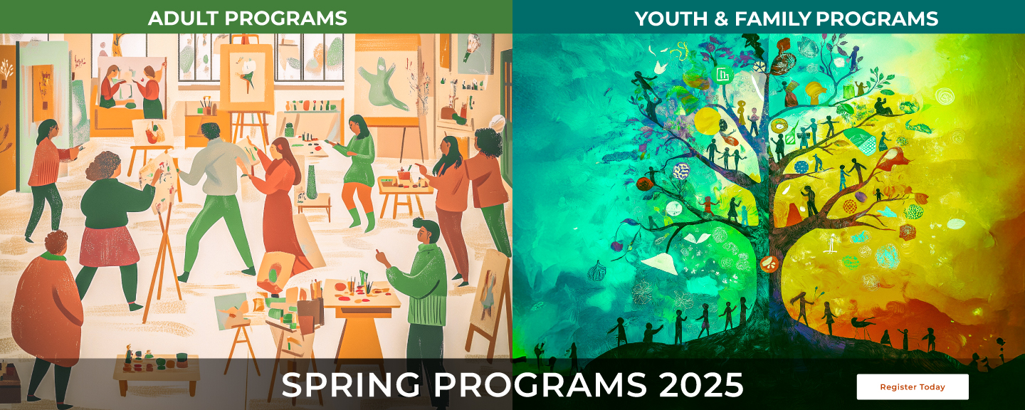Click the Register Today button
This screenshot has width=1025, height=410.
tap(913, 387)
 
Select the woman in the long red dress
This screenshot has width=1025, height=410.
tap(278, 206)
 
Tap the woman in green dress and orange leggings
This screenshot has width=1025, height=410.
tap(357, 171)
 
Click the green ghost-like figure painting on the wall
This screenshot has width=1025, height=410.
tap(381, 88)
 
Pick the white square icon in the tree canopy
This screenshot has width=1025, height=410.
tap(723, 75)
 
